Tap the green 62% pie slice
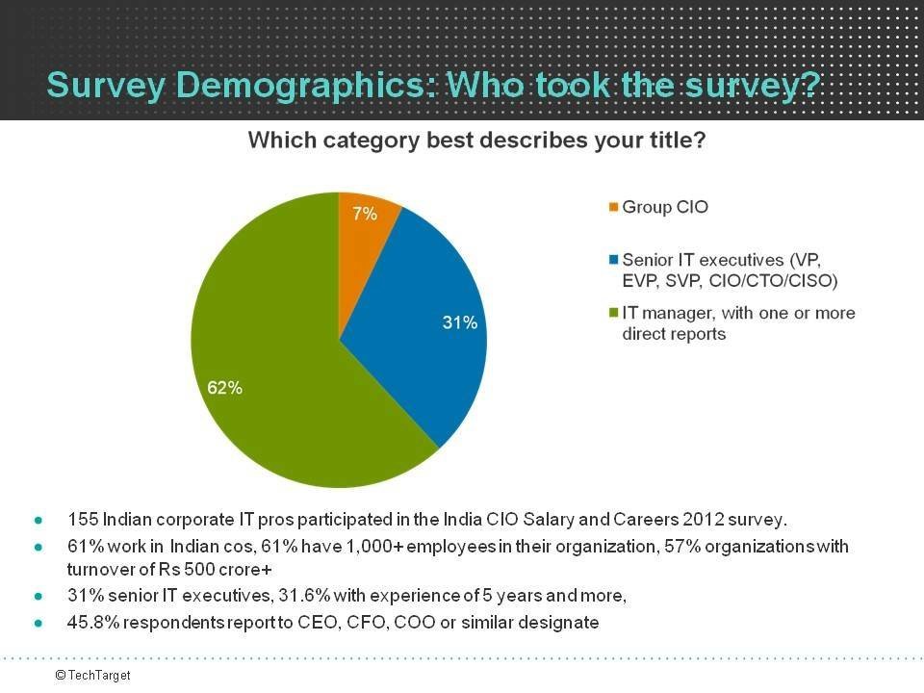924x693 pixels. tap(279, 366)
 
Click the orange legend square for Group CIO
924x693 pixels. tap(614, 207)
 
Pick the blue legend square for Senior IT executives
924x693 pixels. tap(614, 260)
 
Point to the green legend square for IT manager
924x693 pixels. tap(614, 314)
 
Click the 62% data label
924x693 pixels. tap(225, 389)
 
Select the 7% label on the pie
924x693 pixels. tap(365, 214)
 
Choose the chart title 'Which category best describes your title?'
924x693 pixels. tap(477, 141)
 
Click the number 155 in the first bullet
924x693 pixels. tap(82, 520)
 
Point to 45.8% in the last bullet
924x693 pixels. tap(88, 623)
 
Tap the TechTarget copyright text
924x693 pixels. tap(92, 676)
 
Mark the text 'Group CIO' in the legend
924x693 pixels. tap(665, 207)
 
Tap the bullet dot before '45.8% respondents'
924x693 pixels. tap(38, 624)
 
